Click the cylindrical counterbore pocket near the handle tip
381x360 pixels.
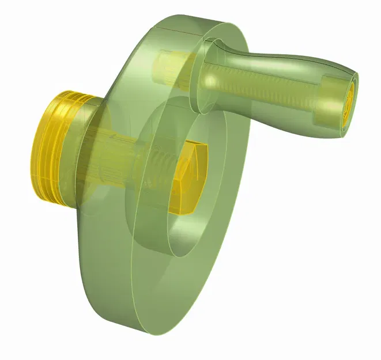pos(329,101)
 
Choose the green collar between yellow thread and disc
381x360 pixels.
pos(86,156)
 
